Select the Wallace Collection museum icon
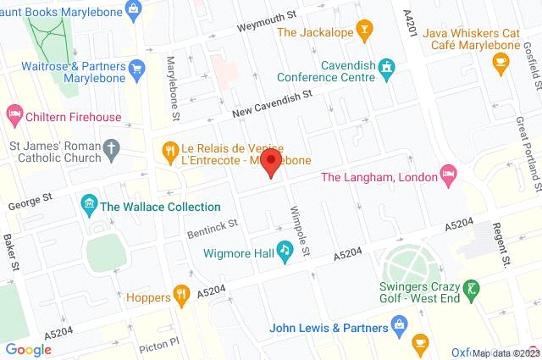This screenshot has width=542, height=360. click(88, 206)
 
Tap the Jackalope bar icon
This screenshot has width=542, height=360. click(365, 32)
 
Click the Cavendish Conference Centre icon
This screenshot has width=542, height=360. click(387, 66)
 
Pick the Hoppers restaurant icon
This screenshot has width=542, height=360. click(180, 296)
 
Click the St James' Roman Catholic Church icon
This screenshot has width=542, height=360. click(111, 152)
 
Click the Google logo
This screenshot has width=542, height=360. click(29, 349)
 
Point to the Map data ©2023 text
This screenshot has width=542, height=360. click(505, 353)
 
